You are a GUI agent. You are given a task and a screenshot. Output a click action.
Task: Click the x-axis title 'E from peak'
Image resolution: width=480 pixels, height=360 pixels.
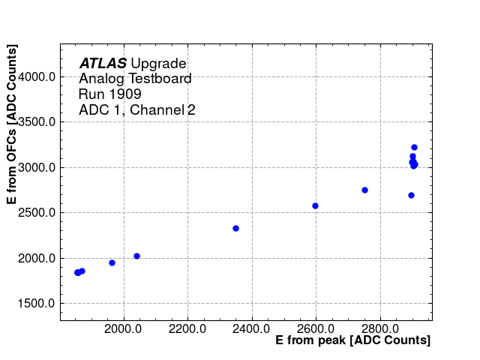(352, 340)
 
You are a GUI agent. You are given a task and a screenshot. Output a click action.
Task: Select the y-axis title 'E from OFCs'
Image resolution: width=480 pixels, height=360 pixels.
(12, 124)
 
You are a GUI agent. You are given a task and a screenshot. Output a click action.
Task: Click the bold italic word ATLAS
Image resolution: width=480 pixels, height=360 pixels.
(103, 64)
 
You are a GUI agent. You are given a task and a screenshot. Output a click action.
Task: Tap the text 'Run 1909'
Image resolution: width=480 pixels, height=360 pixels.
(109, 94)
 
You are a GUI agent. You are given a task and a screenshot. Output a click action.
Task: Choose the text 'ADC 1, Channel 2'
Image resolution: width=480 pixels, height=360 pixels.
(137, 110)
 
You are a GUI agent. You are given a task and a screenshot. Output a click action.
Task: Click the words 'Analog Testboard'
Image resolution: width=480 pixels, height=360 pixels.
(135, 79)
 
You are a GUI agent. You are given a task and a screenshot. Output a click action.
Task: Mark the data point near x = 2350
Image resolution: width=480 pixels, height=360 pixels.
(235, 228)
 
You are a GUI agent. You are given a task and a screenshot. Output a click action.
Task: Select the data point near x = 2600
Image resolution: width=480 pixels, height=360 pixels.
(315, 205)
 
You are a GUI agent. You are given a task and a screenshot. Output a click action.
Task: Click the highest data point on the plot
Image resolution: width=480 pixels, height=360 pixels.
(414, 147)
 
